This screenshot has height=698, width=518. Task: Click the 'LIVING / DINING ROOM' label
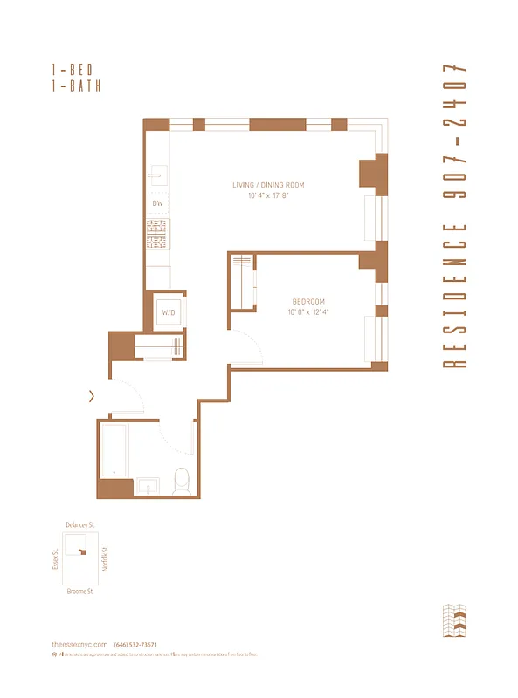[x=268, y=185]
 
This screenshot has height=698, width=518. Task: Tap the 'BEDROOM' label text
[x=309, y=302]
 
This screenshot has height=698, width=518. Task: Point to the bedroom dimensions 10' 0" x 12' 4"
[x=309, y=312]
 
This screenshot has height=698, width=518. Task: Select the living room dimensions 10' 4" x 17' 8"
[x=268, y=195]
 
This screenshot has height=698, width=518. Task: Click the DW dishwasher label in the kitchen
[x=157, y=203]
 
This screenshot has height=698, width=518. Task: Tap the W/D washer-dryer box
[x=169, y=311]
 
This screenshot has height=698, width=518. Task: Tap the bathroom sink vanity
[x=147, y=487]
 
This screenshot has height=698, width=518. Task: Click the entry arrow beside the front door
[x=93, y=397]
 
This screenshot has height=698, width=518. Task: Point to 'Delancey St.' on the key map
[x=79, y=525]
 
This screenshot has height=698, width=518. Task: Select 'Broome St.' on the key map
[x=79, y=591]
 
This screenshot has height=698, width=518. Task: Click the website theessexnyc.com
[x=79, y=644]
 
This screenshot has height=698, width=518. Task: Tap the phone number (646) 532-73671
[x=135, y=644]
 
